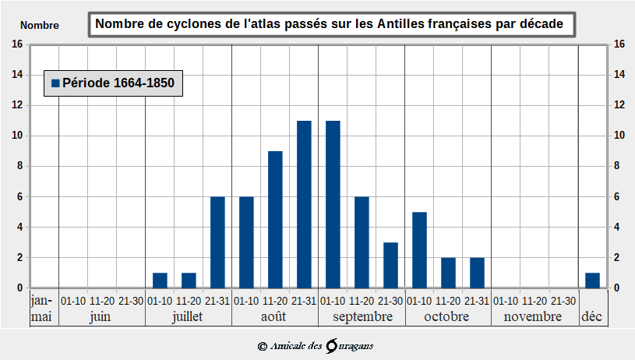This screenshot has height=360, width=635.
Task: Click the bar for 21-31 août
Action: [x=304, y=204]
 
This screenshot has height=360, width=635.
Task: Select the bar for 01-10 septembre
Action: [x=333, y=204]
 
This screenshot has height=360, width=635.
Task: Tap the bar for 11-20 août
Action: [x=275, y=219]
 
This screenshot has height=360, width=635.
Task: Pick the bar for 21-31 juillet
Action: [x=217, y=242]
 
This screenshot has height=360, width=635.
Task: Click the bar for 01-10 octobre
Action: [x=419, y=249]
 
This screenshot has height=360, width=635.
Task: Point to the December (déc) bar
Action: [x=592, y=281]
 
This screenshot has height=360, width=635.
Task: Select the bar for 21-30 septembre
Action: [x=390, y=265]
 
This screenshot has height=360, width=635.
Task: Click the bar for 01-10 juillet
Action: [x=160, y=281]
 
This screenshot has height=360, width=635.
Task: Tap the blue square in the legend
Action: [x=55, y=83]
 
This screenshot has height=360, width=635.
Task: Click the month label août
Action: [x=274, y=317]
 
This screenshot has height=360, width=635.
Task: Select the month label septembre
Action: [x=362, y=317]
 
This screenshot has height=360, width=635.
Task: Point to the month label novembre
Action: [x=534, y=317]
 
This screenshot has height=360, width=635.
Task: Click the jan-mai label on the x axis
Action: [x=41, y=309]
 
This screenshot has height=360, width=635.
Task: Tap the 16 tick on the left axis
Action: [x=16, y=44]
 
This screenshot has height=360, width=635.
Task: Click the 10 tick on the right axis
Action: [x=619, y=136]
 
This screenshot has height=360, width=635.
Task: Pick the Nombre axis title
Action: [x=39, y=25]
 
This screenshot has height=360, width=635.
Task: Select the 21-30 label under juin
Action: [x=131, y=301]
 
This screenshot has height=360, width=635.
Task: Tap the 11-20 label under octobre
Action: [x=448, y=301]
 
